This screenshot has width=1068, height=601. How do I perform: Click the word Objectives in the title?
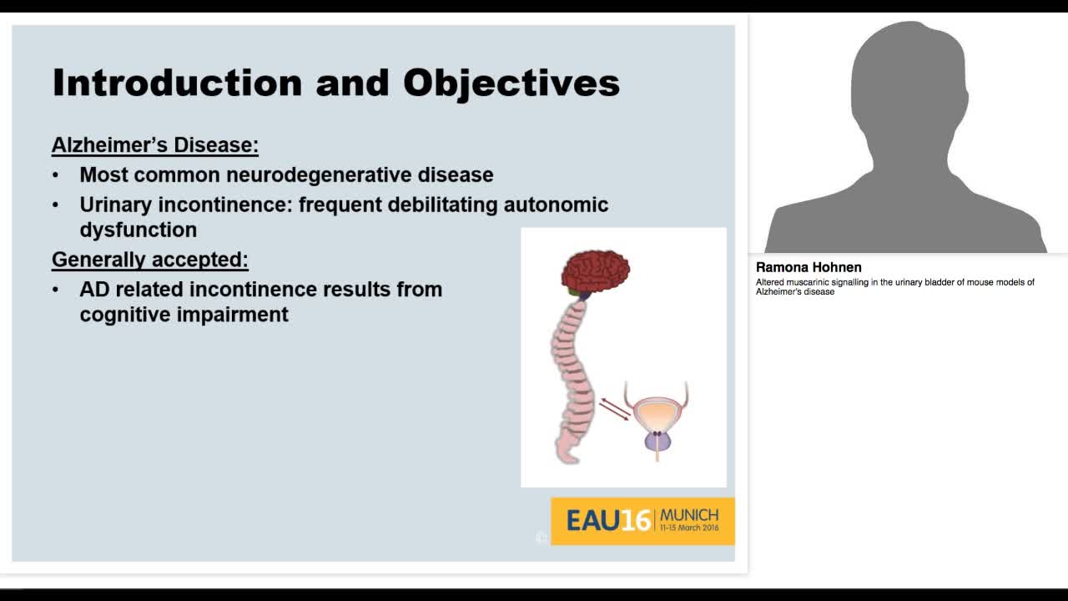pyautogui.click(x=511, y=83)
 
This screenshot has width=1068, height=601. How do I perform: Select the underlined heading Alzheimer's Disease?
pyautogui.click(x=155, y=145)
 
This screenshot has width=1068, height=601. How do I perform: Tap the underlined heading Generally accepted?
pyautogui.click(x=150, y=260)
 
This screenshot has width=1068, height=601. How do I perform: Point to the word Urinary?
pyautogui.click(x=115, y=205)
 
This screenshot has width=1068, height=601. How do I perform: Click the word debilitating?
pyautogui.click(x=443, y=205)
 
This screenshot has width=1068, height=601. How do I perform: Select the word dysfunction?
pyautogui.click(x=139, y=230)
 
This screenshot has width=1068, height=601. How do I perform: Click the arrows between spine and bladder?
pyautogui.click(x=615, y=409)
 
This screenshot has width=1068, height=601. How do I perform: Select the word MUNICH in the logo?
pyautogui.click(x=688, y=514)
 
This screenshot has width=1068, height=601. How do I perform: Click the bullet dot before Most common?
pyautogui.click(x=56, y=175)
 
